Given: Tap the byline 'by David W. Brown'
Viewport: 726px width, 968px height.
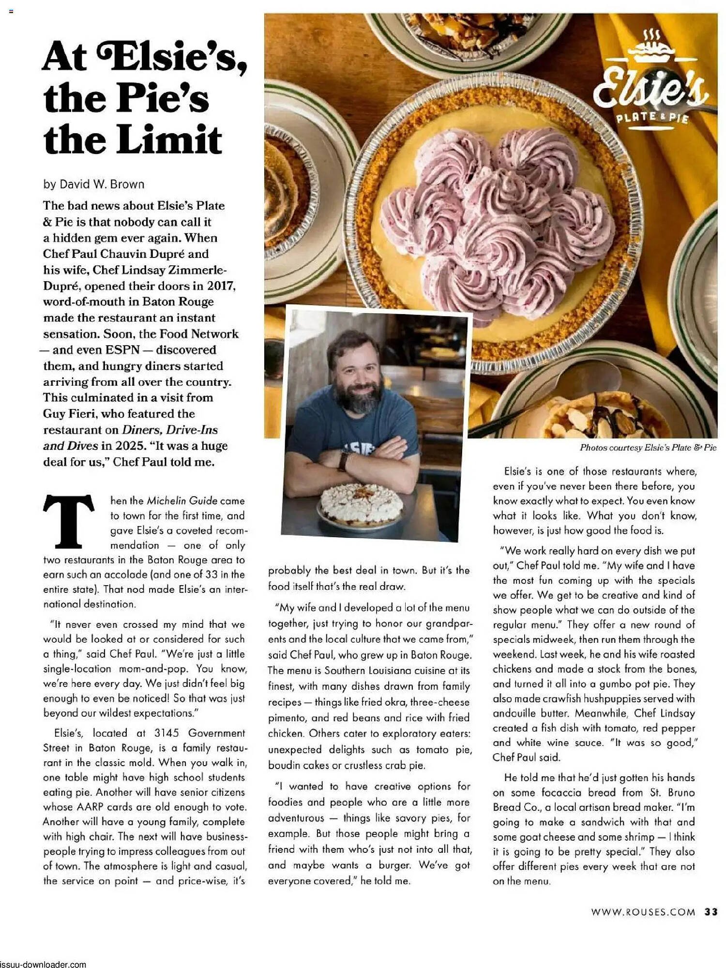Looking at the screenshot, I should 94,184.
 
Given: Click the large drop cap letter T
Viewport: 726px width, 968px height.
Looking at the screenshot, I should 68,521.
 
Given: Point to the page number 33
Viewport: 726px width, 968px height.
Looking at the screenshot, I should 711,912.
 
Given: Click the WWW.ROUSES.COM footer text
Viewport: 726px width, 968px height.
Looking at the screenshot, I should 643,912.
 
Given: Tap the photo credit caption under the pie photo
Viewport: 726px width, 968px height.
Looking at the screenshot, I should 648,448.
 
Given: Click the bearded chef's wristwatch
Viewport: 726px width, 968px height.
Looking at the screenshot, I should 343,461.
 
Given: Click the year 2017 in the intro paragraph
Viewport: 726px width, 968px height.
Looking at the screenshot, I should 221,286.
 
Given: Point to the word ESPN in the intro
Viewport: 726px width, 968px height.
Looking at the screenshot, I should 122,350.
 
